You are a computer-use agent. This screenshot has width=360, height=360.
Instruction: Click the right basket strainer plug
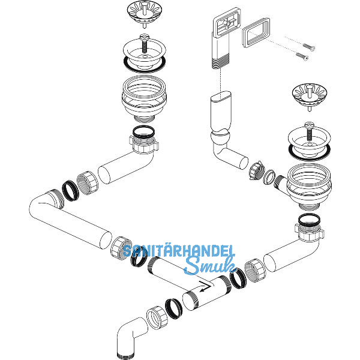[x=310, y=95]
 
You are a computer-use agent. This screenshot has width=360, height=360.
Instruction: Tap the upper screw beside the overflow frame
[x=309, y=46]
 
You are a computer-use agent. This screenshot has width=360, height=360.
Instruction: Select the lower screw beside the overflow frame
[x=302, y=56]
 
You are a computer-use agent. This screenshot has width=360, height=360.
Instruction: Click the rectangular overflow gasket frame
[x=256, y=32]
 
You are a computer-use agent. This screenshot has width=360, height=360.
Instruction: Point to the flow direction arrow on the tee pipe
[x=205, y=286]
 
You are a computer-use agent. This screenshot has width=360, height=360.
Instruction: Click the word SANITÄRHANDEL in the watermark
[x=178, y=251]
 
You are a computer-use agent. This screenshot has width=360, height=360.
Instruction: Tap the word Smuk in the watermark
[x=210, y=265]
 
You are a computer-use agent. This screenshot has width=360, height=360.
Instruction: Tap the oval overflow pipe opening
[x=221, y=96]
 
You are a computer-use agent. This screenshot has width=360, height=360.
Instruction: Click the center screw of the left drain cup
[x=145, y=44]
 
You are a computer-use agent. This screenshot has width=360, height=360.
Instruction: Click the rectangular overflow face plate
[x=226, y=23]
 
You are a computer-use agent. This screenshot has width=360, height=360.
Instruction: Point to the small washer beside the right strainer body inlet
[x=269, y=177]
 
